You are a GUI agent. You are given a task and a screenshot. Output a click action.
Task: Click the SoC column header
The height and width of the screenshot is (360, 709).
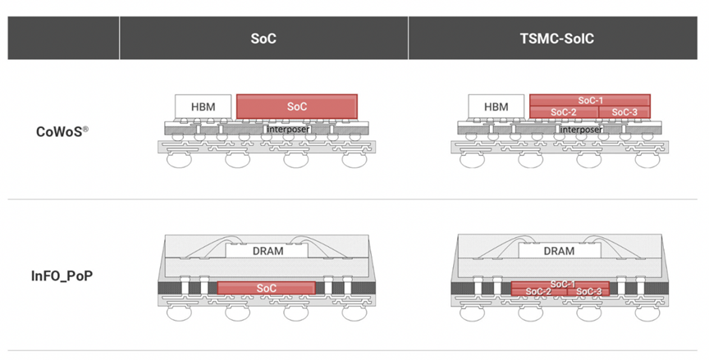coord(263,38)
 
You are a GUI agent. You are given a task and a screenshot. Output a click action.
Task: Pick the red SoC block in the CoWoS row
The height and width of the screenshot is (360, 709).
coord(297,107)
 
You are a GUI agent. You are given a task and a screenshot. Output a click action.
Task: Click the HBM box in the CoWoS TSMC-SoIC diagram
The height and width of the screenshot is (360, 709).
coord(496,107)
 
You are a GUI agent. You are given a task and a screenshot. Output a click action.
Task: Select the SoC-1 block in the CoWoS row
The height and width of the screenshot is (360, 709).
coord(589,100)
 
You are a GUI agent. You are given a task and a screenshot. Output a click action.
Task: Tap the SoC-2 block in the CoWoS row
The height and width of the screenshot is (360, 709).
coord(563,112)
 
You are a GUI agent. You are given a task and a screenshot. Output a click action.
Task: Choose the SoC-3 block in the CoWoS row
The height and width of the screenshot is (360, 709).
coord(624,112)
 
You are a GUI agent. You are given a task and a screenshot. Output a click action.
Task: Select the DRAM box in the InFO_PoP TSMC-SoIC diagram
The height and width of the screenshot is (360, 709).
coord(559,251)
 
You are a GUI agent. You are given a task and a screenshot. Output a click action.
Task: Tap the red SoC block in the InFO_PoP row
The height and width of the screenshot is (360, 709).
coord(266,289)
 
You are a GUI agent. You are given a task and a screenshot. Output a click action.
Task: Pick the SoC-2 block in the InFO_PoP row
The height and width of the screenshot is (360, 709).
coord(538,291)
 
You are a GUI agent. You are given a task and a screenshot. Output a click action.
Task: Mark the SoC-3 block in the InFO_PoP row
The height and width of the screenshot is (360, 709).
coord(588,291)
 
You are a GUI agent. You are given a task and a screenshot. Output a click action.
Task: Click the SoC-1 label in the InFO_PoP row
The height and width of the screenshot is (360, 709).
coord(563,284)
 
